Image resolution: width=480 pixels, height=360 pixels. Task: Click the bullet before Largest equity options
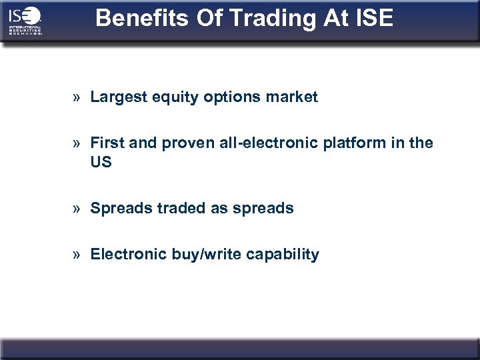78,98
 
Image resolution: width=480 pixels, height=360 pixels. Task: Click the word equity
166,97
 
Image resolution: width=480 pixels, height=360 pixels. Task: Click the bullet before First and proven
78,143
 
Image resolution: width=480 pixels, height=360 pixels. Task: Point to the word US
101,162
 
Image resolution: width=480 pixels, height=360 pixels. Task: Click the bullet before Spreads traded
78,209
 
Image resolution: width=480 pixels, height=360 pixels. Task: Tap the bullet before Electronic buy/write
78,255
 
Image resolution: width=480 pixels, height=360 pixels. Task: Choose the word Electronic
125,254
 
